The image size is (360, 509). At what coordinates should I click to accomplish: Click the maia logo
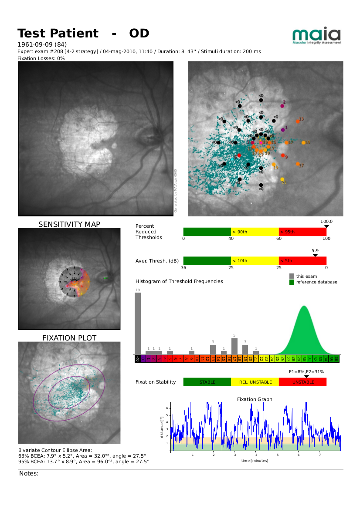point(316,35)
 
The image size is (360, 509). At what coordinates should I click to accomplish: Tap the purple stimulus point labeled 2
point(282,105)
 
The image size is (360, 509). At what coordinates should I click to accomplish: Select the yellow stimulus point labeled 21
point(282,179)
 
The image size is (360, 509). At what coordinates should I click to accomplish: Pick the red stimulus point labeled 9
point(283,155)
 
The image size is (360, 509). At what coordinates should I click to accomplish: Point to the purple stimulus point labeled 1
point(283,129)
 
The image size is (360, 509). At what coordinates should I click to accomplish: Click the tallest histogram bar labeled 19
point(138,323)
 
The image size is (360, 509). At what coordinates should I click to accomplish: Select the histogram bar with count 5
point(234,346)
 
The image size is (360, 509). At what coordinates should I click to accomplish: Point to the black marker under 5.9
point(316,256)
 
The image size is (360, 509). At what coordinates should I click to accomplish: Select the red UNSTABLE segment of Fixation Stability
point(302,382)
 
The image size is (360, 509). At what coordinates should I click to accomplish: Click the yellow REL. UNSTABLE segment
point(255,382)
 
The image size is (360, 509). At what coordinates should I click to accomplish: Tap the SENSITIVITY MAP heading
point(69,224)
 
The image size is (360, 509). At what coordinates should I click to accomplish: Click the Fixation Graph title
point(255,399)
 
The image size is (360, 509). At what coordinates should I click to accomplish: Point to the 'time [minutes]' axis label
point(255,460)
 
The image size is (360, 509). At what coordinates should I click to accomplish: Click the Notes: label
point(29,473)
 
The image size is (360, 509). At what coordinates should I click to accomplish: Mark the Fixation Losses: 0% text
point(41,58)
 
